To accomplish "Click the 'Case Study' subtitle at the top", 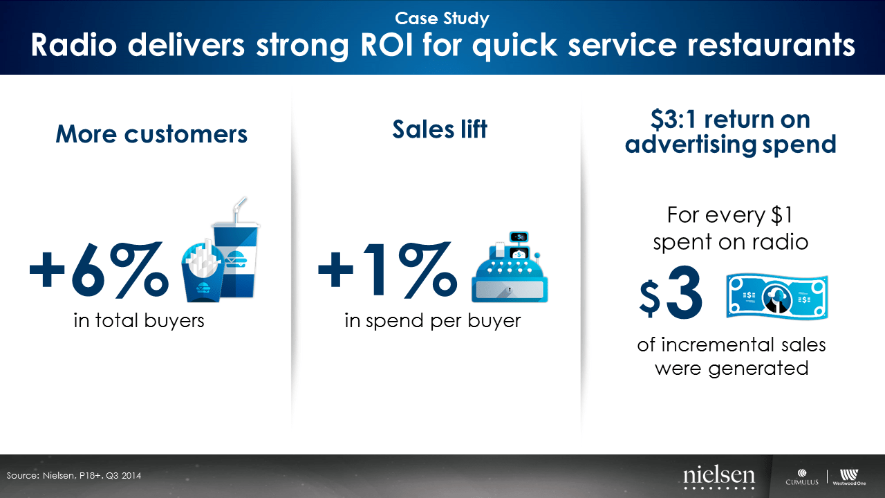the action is click(442, 19).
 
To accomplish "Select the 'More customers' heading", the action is click(151, 134).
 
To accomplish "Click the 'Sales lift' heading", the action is click(440, 129).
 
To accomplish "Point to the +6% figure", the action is click(99, 270).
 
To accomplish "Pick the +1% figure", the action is click(388, 270).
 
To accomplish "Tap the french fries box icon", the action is click(203, 272).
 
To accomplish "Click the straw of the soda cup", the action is click(239, 210).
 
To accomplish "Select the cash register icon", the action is click(510, 267).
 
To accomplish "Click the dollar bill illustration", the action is click(777, 297).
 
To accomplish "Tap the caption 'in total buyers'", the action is click(139, 320).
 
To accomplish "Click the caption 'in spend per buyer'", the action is click(433, 321).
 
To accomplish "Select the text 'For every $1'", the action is click(730, 215).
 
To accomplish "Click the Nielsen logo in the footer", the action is click(719, 477).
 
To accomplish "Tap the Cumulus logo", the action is click(802, 477).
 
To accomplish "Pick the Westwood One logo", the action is click(849, 477).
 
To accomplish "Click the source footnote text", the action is click(74, 475).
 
